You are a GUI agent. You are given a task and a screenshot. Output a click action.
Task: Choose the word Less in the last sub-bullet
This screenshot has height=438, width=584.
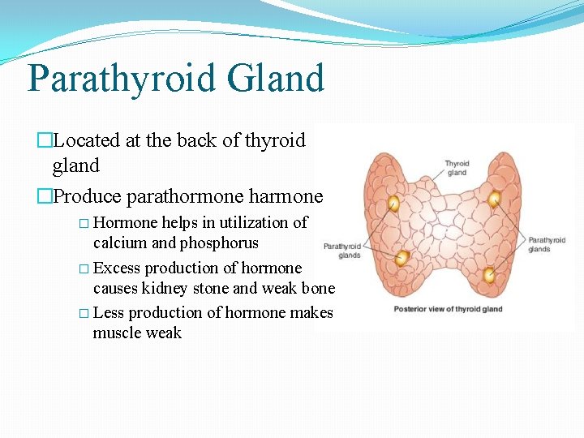pyautogui.click(x=109, y=313)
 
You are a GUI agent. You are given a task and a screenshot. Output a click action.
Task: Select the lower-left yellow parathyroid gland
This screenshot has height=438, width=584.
pyautogui.click(x=401, y=259)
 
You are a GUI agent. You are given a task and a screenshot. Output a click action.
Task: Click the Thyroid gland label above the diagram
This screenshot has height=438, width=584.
pyautogui.click(x=457, y=168)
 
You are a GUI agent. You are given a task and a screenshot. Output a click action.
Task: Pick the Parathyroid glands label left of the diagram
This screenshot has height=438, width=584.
pyautogui.click(x=341, y=251)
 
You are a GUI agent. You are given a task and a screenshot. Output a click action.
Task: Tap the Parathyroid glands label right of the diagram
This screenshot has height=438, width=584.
pyautogui.click(x=547, y=244)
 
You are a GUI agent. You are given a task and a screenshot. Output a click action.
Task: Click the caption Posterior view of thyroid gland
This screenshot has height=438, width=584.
pyautogui.click(x=448, y=309)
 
